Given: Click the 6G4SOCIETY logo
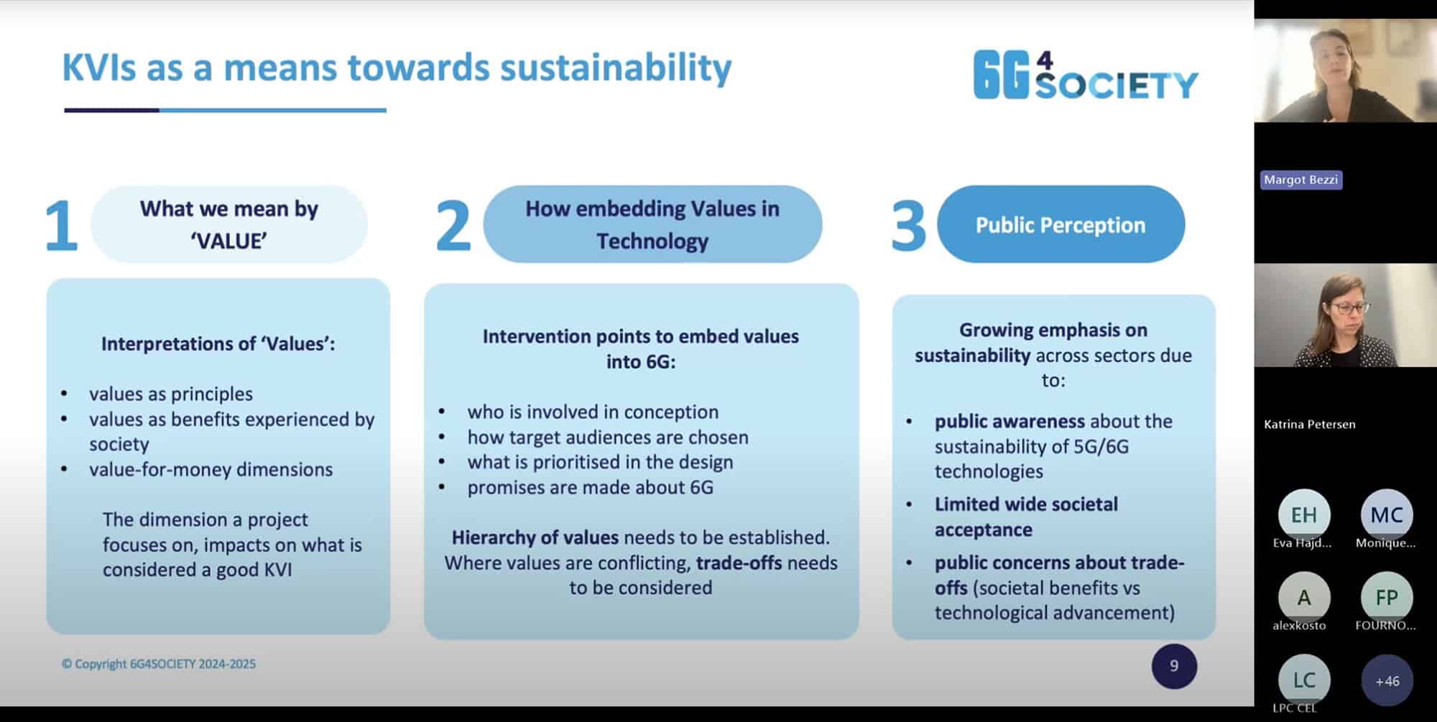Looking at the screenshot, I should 1085,75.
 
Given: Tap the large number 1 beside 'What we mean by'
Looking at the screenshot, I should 61,226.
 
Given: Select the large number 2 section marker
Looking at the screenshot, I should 453,226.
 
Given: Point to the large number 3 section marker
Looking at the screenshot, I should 908,226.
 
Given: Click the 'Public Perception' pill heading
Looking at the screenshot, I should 1061,225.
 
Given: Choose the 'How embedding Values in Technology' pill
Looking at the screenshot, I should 652,224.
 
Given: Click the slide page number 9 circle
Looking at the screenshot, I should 1174,666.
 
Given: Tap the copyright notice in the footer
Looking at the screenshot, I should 159,664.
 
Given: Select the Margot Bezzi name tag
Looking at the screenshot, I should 1300,180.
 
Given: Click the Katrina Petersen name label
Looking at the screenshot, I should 1309,424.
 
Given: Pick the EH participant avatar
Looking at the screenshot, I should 1303,514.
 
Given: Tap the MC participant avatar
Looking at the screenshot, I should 1386,514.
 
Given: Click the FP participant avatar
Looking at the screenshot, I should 1386,597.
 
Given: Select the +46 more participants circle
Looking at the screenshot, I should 1387,680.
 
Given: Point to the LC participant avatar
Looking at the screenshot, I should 1303,680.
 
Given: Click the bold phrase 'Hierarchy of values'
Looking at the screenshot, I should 535,537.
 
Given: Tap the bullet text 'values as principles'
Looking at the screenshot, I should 171,394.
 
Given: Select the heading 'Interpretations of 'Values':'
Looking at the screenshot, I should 218,343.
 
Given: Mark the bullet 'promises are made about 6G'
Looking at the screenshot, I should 590,487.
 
